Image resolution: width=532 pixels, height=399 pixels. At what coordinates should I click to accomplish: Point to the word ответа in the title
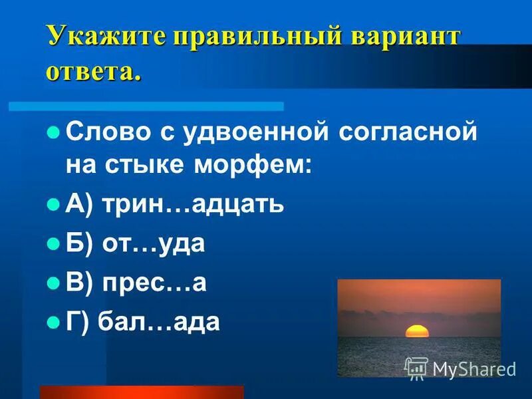click(93, 70)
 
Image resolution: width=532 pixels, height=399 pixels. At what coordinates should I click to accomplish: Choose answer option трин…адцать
click(193, 204)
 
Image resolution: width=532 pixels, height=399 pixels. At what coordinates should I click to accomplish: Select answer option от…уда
click(154, 243)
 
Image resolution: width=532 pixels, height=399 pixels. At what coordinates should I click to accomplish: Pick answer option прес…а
click(154, 283)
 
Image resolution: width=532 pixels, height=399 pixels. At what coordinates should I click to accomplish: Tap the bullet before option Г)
click(54, 323)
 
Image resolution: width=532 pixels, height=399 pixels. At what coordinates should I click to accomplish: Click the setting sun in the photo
click(417, 331)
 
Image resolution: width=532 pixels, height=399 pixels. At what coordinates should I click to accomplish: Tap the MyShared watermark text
click(473, 369)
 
